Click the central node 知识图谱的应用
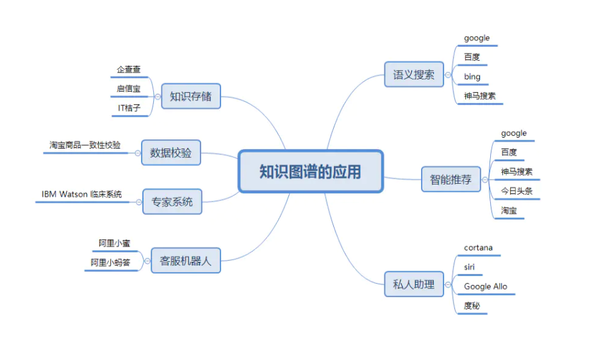(310, 171)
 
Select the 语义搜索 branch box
(414, 75)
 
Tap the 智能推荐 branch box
(450, 179)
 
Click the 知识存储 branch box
(190, 97)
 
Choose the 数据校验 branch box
(170, 153)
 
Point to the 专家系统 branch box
(172, 202)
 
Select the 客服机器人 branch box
(186, 261)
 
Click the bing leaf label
(472, 77)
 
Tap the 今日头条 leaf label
(516, 191)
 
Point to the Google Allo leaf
(485, 286)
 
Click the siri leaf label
(470, 266)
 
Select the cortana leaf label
(478, 247)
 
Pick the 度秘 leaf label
(472, 306)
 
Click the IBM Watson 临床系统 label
(81, 194)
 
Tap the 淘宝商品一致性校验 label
(85, 145)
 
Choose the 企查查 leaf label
(128, 69)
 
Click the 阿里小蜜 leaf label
(115, 243)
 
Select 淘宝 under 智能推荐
(509, 210)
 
